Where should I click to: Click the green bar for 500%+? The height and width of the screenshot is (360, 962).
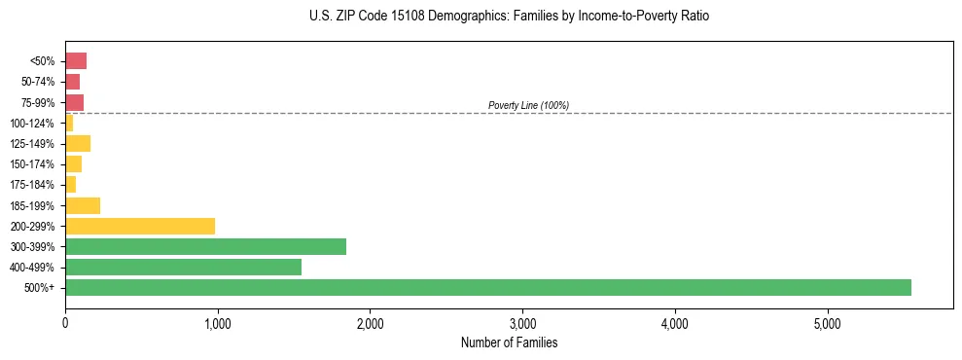(487, 287)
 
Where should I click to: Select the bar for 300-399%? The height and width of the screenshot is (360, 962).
(205, 246)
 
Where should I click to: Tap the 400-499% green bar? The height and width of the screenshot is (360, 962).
(183, 267)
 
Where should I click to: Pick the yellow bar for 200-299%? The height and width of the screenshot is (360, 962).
(140, 226)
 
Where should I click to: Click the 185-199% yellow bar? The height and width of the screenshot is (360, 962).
(83, 205)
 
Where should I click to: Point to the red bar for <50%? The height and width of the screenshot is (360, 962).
(76, 61)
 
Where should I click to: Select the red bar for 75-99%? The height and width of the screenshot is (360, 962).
(74, 102)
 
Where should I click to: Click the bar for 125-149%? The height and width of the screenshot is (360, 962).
(78, 144)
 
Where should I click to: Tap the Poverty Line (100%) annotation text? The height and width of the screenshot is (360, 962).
(528, 105)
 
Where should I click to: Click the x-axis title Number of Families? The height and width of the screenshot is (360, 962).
(509, 342)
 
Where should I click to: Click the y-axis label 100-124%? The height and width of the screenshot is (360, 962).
(33, 124)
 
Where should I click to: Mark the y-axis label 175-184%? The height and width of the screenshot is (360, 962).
(33, 185)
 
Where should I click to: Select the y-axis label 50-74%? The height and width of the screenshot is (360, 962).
(38, 82)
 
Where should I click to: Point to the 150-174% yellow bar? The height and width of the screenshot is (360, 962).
(73, 164)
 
